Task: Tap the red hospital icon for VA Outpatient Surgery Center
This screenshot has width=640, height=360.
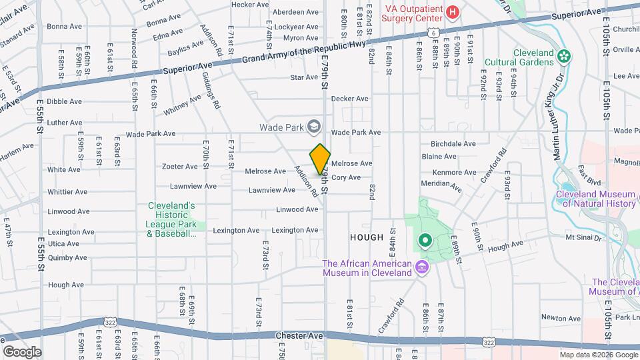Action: [x=453, y=12]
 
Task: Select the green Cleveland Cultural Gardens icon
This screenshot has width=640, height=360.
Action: [x=565, y=56]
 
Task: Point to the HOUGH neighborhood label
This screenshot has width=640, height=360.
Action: [x=366, y=237]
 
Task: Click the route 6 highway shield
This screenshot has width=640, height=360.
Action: [x=433, y=32]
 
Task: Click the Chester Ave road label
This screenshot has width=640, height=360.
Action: [x=294, y=336]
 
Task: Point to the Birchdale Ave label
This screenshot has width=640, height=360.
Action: [x=453, y=143]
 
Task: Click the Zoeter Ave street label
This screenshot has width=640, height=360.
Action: [x=179, y=167]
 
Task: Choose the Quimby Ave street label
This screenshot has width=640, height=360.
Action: [x=67, y=257]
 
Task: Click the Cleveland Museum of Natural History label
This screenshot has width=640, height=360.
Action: [x=596, y=199]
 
